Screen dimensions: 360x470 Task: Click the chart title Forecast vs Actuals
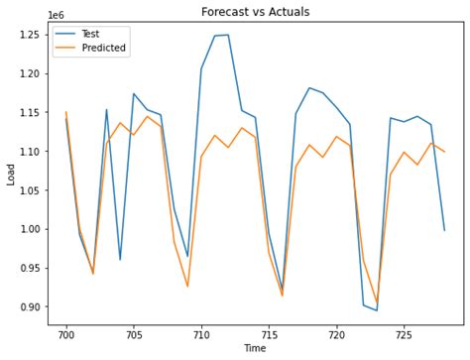click(255, 13)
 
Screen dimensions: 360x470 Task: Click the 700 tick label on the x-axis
click(66, 334)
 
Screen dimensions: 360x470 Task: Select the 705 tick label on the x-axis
click(134, 334)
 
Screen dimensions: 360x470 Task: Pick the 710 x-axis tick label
click(201, 334)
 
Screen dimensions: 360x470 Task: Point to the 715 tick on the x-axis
click(269, 334)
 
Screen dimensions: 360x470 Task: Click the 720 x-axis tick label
click(336, 334)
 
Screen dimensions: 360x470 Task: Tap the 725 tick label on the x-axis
click(404, 334)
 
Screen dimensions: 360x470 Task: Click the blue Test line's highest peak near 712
click(228, 35)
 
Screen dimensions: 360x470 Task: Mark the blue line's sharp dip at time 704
click(120, 260)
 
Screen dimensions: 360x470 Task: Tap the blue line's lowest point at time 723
click(377, 310)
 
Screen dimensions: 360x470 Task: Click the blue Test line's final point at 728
click(444, 230)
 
